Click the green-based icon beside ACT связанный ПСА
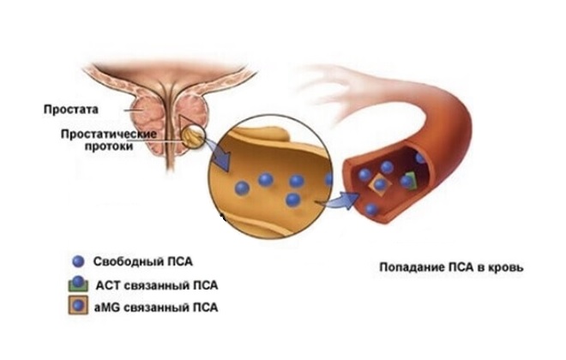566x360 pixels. pos(79,283)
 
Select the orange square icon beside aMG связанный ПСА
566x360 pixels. pos(79,306)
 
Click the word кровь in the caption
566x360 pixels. pos(505,267)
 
